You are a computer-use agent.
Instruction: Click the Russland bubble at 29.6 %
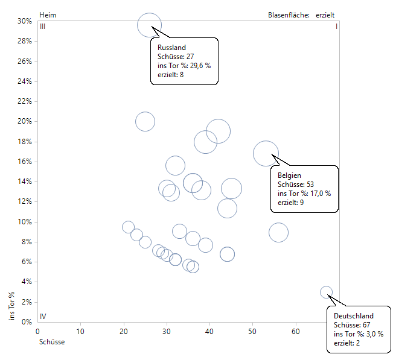click(x=149, y=25)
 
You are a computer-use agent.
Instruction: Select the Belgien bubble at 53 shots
click(x=266, y=154)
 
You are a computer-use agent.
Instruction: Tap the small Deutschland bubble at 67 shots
click(x=326, y=292)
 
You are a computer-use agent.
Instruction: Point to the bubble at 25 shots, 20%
click(x=145, y=121)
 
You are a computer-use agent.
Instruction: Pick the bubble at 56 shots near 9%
click(x=278, y=232)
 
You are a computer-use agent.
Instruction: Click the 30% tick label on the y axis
click(x=24, y=21)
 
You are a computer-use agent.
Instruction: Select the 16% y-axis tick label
click(x=24, y=162)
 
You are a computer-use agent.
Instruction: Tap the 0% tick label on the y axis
click(x=26, y=322)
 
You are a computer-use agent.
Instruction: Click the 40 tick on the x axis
click(x=209, y=332)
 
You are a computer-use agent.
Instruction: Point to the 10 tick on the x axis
click(x=80, y=332)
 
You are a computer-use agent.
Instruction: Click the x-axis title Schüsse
click(x=51, y=342)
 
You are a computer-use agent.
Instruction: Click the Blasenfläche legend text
click(x=289, y=14)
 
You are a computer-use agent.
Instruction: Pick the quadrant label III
click(x=43, y=27)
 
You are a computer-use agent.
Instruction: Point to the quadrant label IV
click(x=43, y=316)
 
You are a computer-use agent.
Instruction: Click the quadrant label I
click(x=336, y=27)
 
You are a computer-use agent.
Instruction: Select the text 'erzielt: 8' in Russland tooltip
click(x=170, y=75)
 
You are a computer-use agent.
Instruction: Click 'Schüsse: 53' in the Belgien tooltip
click(x=296, y=185)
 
